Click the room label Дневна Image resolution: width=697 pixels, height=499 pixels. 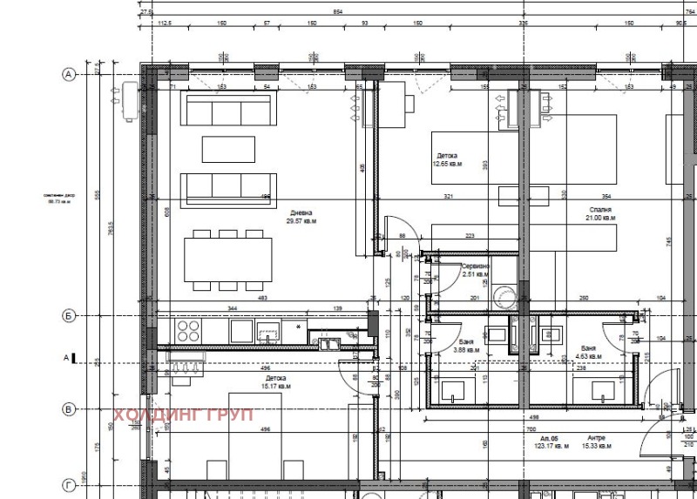pyautogui.click(x=301, y=213)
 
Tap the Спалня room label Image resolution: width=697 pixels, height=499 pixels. pyautogui.click(x=599, y=210)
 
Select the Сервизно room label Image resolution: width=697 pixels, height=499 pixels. pyautogui.click(x=476, y=266)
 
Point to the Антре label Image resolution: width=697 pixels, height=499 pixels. pyautogui.click(x=596, y=437)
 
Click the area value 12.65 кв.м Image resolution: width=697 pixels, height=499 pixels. pyautogui.click(x=447, y=163)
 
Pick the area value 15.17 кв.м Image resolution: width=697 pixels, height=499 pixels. pyautogui.click(x=275, y=386)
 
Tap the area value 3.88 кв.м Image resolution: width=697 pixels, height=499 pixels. pyautogui.click(x=467, y=350)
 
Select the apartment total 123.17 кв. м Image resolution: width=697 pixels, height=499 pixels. pyautogui.click(x=552, y=446)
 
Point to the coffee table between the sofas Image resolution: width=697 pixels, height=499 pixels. pyautogui.click(x=228, y=149)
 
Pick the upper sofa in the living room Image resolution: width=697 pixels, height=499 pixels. pyautogui.click(x=227, y=110)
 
